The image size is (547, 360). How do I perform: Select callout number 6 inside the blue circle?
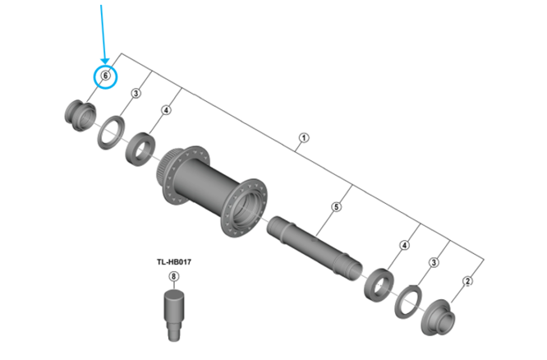point(104,76)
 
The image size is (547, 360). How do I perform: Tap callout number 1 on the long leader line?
point(303,138)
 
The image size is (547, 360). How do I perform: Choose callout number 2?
point(468,281)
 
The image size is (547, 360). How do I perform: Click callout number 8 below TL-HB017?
point(172,276)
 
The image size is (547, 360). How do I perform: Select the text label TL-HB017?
point(172,262)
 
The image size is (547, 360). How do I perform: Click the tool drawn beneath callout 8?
point(172,313)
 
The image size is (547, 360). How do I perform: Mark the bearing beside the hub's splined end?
point(140,149)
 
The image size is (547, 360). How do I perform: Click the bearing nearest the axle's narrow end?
point(379,281)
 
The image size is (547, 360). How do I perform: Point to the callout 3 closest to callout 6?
point(136,94)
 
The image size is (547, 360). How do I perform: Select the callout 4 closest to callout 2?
point(403,245)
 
